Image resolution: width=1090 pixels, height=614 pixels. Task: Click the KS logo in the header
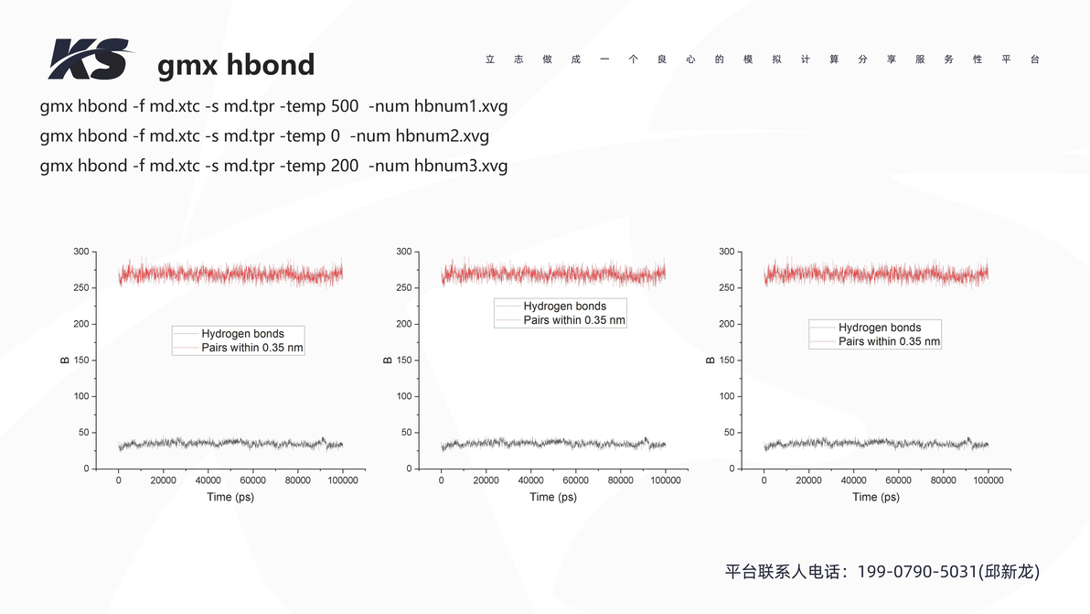(x=89, y=59)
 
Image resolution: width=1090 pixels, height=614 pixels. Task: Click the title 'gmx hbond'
(x=236, y=65)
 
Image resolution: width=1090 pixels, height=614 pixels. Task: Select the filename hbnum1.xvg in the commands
(x=461, y=107)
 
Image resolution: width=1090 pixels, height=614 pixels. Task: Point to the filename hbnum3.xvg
(x=461, y=167)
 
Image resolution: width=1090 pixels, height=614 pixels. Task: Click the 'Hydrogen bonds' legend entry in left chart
(x=242, y=334)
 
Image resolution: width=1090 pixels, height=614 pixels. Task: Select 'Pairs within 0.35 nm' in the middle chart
(x=574, y=320)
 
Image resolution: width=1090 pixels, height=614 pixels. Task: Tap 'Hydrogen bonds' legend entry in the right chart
(x=880, y=328)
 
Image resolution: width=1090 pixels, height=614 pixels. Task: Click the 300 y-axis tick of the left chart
(x=81, y=252)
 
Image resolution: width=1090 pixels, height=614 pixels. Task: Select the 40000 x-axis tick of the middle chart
(x=530, y=480)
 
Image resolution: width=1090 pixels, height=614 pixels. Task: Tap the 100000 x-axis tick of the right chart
(x=988, y=480)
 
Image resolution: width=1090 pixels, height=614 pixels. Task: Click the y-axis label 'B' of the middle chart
(x=388, y=360)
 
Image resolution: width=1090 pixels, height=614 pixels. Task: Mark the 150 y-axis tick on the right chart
(x=727, y=360)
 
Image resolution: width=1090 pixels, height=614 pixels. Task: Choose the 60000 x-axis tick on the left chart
(x=252, y=480)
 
